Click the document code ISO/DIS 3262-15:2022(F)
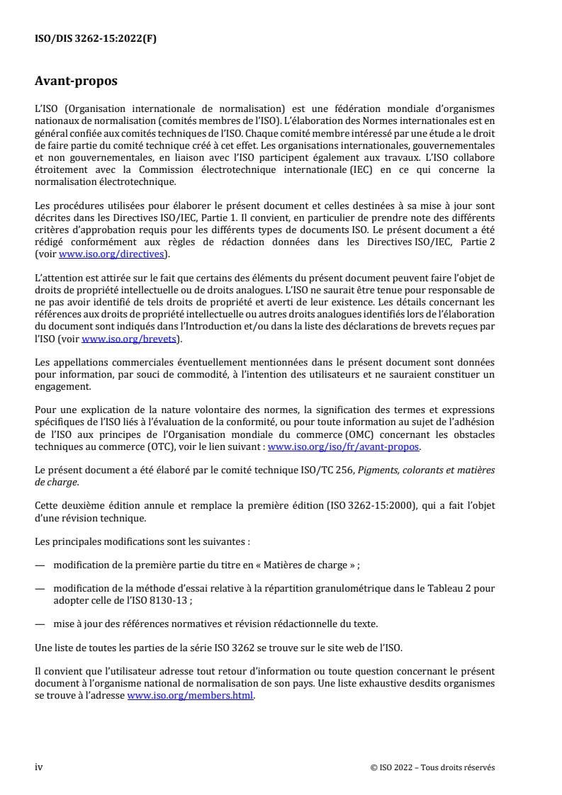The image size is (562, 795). pos(96,39)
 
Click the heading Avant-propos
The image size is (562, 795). pos(76,81)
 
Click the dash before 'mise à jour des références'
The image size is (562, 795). pos(39,624)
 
